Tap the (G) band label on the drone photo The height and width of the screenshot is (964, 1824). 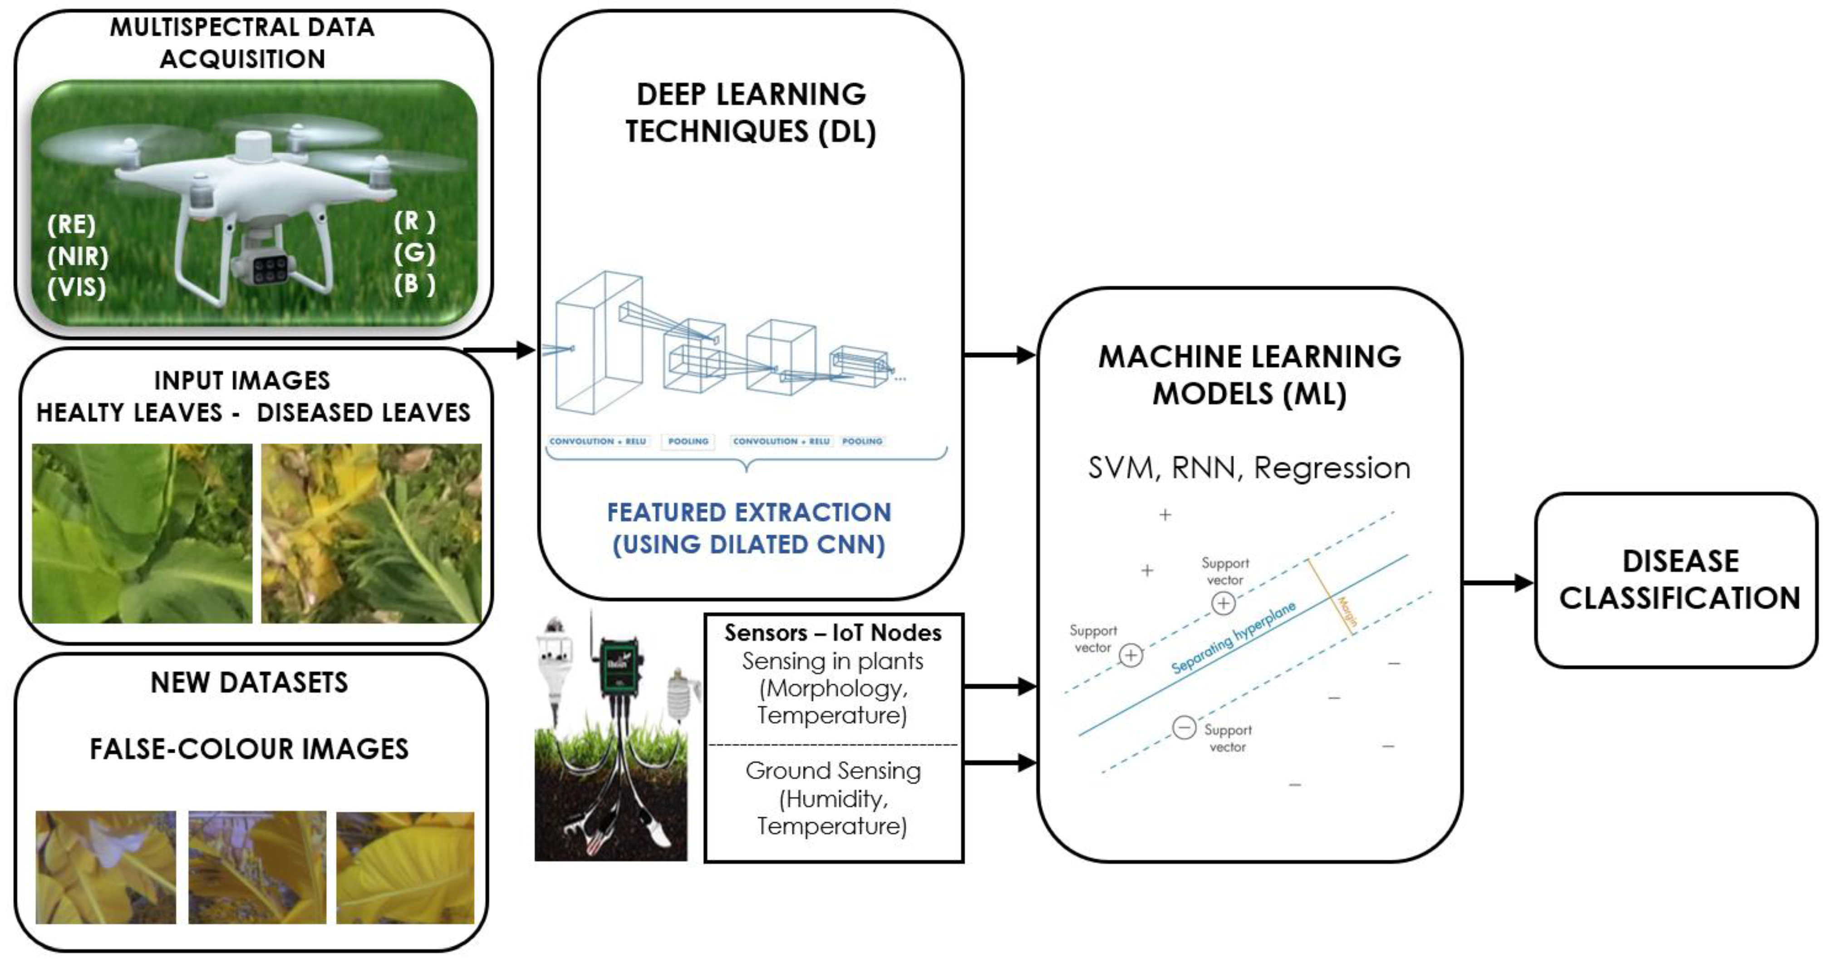pyautogui.click(x=414, y=253)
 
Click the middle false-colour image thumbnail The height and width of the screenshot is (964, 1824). pyautogui.click(x=257, y=867)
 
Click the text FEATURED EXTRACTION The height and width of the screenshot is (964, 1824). pyautogui.click(x=749, y=513)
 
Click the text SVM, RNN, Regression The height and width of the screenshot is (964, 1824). pyautogui.click(x=1249, y=468)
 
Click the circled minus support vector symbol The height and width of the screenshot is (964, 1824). pyautogui.click(x=1184, y=727)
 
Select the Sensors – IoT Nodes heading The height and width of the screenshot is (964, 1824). pyautogui.click(x=833, y=633)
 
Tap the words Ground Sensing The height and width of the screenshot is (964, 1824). pyautogui.click(x=833, y=771)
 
